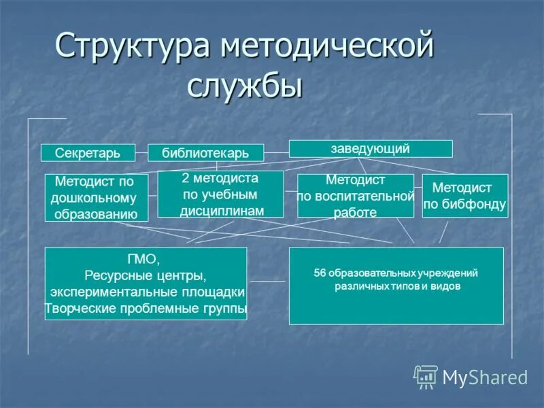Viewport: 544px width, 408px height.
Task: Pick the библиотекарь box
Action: [205, 153]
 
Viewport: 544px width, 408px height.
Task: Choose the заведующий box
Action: [371, 148]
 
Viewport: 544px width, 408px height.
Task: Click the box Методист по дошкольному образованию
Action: [96, 198]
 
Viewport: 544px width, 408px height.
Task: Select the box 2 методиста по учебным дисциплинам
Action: [220, 194]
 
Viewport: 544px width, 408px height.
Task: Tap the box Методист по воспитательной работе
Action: [355, 196]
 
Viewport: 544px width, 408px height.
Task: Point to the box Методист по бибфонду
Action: [464, 196]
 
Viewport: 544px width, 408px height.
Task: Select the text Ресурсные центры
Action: [146, 276]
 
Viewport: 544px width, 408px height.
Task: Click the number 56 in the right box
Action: [320, 273]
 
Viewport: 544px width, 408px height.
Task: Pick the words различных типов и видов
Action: [397, 287]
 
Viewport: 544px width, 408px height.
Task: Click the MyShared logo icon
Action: [426, 376]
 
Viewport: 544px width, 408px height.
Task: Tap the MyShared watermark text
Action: [485, 377]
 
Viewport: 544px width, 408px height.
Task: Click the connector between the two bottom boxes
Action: [268, 281]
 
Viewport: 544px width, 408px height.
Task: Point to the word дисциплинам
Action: [222, 211]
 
